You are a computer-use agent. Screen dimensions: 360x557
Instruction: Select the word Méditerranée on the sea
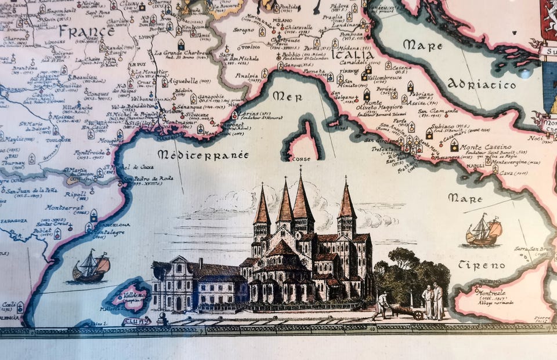(x=202, y=155)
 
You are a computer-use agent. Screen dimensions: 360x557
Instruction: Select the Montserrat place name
(x=64, y=207)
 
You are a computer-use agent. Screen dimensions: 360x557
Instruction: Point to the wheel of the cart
(x=418, y=315)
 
